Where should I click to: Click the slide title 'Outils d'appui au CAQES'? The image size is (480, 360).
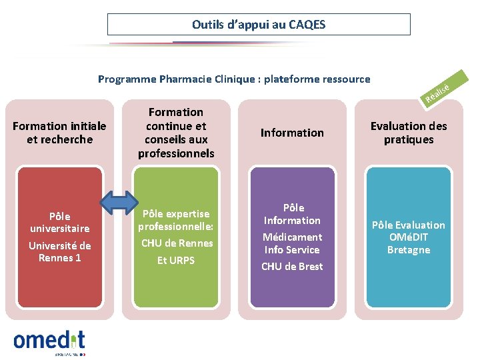pyautogui.click(x=259, y=25)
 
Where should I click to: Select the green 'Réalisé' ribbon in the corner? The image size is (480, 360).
pyautogui.click(x=440, y=92)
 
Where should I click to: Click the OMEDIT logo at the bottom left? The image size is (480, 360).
pyautogui.click(x=49, y=341)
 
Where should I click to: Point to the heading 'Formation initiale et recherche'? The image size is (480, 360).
pyautogui.click(x=59, y=133)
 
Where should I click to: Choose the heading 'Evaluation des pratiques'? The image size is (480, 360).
pyautogui.click(x=409, y=133)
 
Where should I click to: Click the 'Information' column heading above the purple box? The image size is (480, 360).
pyautogui.click(x=292, y=133)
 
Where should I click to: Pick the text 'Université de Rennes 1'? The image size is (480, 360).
pyautogui.click(x=60, y=252)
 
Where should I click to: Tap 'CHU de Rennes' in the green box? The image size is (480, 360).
pyautogui.click(x=177, y=243)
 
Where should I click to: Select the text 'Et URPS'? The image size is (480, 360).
pyautogui.click(x=176, y=261)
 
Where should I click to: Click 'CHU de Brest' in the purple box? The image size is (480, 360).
pyautogui.click(x=292, y=267)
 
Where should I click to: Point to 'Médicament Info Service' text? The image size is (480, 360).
pyautogui.click(x=292, y=243)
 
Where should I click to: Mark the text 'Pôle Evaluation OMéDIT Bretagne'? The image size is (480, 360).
pyautogui.click(x=409, y=237)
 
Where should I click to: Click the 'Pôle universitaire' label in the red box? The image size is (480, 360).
pyautogui.click(x=60, y=222)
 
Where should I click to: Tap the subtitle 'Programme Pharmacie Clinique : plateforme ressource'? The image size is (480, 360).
pyautogui.click(x=234, y=79)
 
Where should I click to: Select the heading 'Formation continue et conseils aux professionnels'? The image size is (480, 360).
pyautogui.click(x=176, y=133)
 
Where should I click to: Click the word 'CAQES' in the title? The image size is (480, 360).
pyautogui.click(x=307, y=25)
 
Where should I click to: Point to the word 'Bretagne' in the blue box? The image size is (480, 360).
pyautogui.click(x=409, y=250)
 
